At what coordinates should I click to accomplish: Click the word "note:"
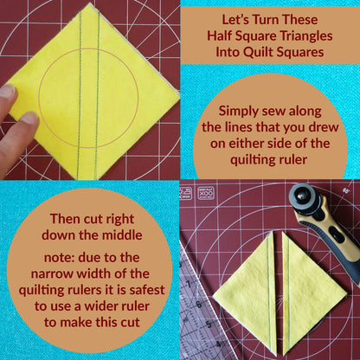(59, 258)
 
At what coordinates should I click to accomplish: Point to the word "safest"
(147, 290)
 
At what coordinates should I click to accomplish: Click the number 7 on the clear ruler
(189, 285)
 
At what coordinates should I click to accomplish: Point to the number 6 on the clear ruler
(199, 305)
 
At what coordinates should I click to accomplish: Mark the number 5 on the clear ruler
(209, 325)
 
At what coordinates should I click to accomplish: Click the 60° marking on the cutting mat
(345, 190)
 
